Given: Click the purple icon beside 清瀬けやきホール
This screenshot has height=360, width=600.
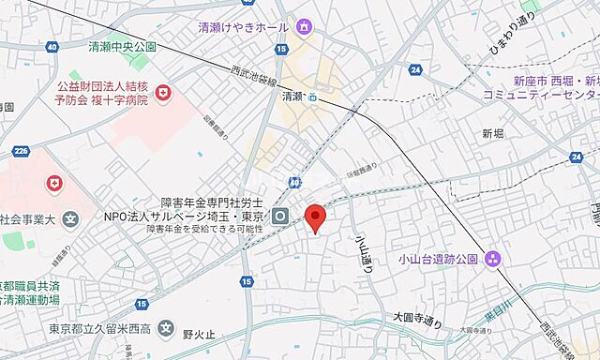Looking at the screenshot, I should click(x=304, y=26).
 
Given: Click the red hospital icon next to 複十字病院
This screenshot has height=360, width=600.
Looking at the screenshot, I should click(x=164, y=92).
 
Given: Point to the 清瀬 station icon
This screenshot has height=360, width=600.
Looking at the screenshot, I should click(x=312, y=96).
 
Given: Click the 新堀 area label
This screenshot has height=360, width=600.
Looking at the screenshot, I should click(x=493, y=134).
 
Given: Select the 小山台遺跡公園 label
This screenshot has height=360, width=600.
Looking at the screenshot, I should click(x=437, y=259).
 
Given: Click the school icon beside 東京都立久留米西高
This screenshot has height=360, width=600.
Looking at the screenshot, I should click(x=166, y=328).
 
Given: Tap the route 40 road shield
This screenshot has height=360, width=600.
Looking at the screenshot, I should click(x=51, y=46).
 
